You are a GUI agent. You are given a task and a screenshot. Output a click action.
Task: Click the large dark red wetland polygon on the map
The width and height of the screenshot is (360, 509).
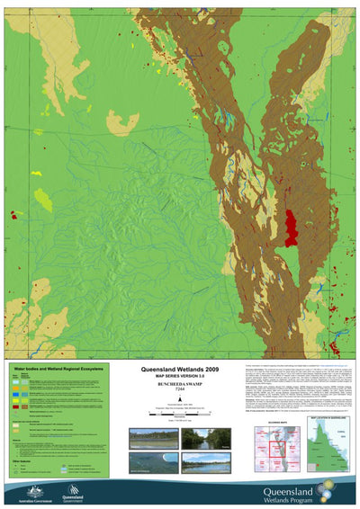click(291, 226)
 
